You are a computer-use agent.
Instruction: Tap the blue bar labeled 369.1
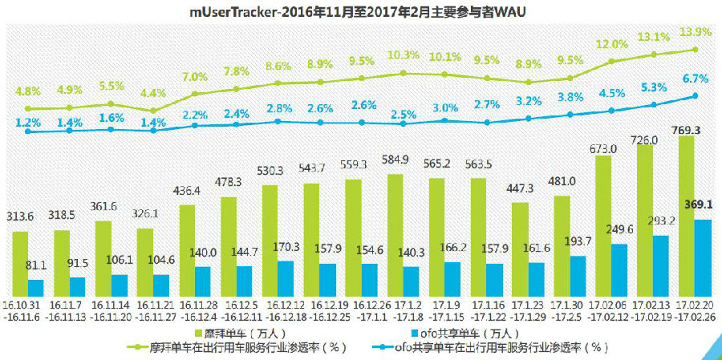(704, 257)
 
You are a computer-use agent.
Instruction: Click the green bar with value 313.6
(20, 263)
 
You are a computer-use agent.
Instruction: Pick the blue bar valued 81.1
(36, 286)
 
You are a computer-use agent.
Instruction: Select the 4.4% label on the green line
(152, 93)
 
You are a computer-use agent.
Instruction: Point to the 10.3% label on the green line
(403, 55)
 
